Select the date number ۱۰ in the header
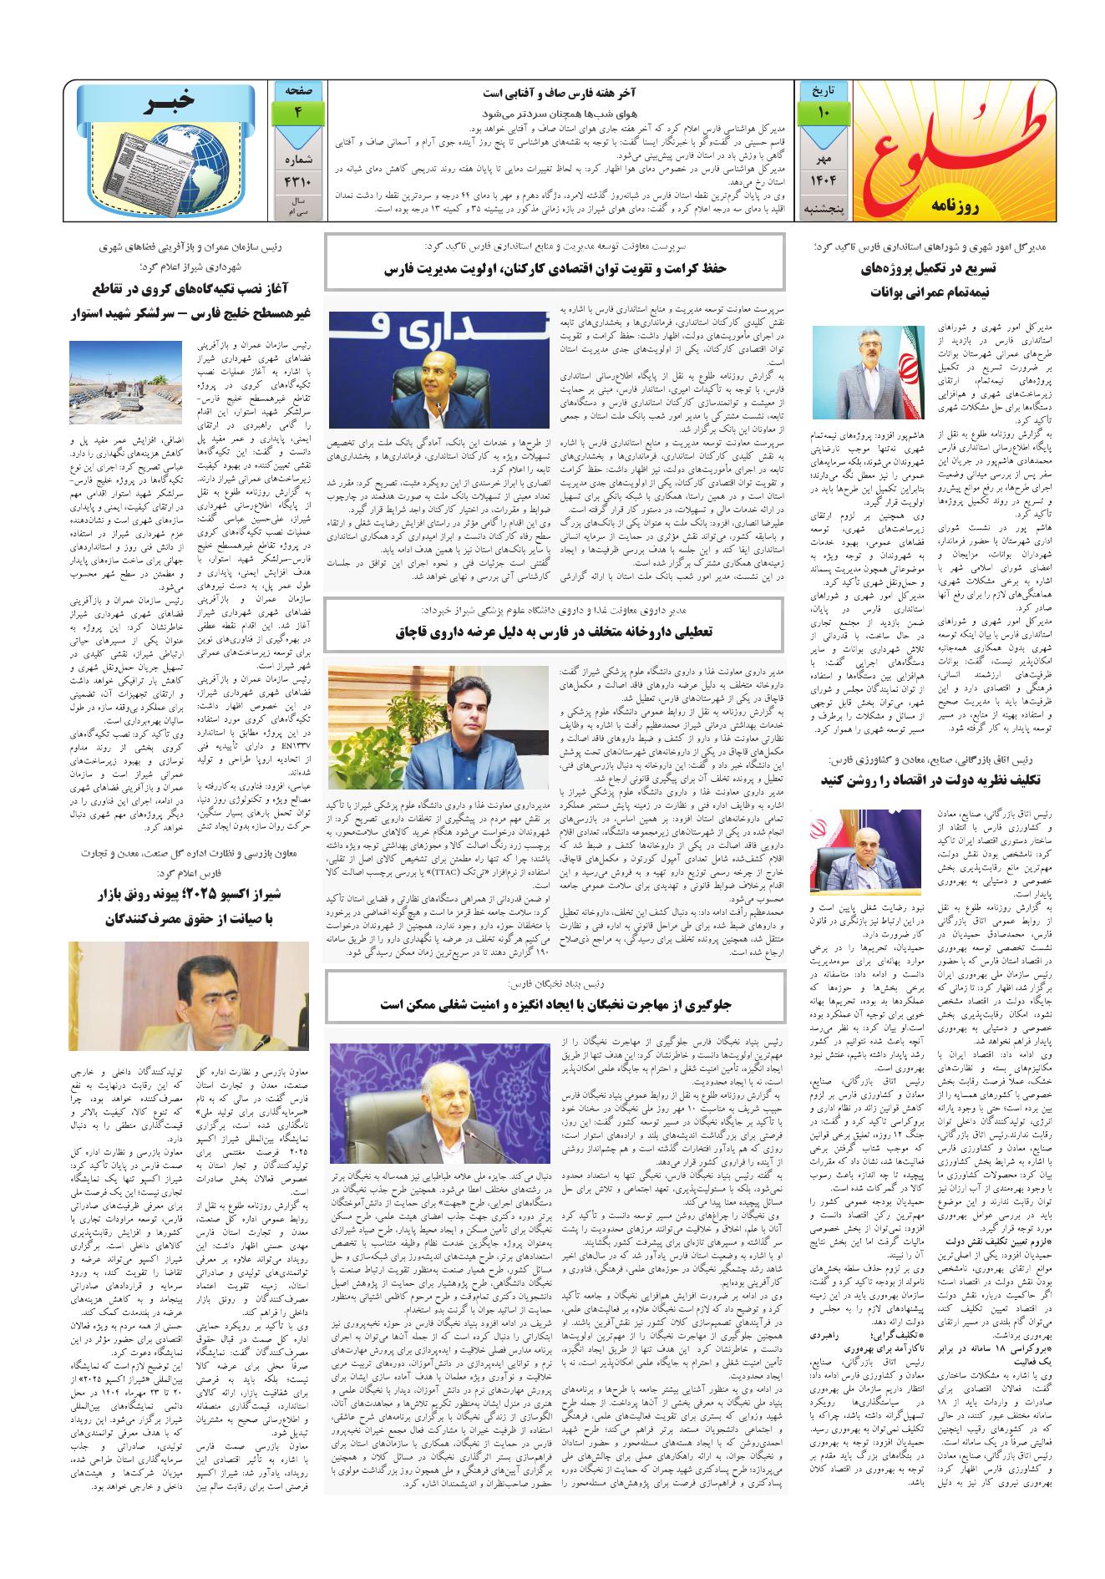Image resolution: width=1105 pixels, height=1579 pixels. click(823, 111)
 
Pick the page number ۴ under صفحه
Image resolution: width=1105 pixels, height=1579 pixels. click(297, 111)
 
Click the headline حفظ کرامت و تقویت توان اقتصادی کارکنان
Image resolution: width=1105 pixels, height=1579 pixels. click(555, 269)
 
